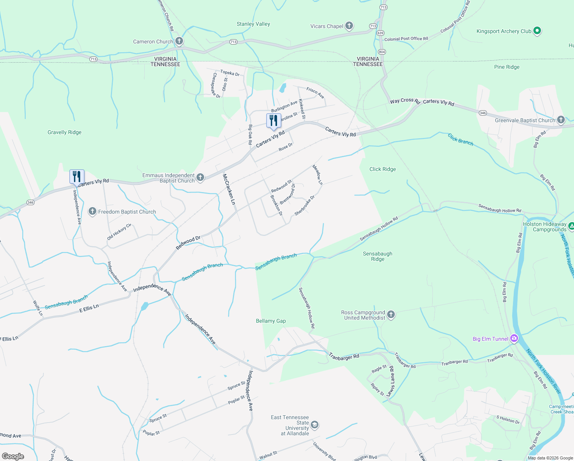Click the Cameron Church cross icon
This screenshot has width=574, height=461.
click(x=179, y=41)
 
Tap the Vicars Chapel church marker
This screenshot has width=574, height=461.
click(x=349, y=26)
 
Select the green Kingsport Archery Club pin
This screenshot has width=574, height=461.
click(x=537, y=31)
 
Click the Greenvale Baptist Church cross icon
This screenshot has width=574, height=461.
click(x=561, y=120)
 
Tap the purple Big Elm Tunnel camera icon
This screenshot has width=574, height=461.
click(x=514, y=338)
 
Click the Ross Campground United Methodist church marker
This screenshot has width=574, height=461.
click(x=391, y=315)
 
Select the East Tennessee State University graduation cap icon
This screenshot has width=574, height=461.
click(x=315, y=425)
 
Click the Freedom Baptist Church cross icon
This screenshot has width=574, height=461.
click(x=92, y=211)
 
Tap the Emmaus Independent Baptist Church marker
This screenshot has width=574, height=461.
click(x=200, y=177)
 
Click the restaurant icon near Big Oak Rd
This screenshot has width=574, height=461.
click(x=274, y=121)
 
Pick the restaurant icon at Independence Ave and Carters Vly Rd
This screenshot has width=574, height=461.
click(x=77, y=177)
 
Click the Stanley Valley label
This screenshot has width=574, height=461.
click(x=253, y=24)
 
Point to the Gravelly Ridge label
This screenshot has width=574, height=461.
click(x=64, y=132)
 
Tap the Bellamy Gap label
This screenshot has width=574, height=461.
click(x=271, y=321)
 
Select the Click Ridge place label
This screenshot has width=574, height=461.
click(x=383, y=169)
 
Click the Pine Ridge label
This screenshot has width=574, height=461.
click(x=507, y=67)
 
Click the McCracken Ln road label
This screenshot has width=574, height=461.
click(x=229, y=189)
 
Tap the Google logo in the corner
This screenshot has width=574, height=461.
click(x=13, y=456)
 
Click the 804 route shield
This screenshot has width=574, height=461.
click(x=382, y=51)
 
